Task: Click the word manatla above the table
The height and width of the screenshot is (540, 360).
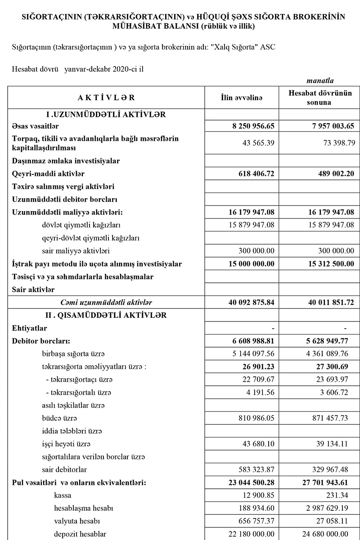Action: tap(320, 81)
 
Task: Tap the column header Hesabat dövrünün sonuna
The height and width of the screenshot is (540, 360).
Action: tap(320, 98)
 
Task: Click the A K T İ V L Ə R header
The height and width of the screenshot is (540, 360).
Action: tap(106, 98)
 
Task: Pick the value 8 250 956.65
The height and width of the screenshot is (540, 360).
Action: tap(251, 126)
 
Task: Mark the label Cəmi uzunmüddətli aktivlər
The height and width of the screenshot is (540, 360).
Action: tap(106, 303)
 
